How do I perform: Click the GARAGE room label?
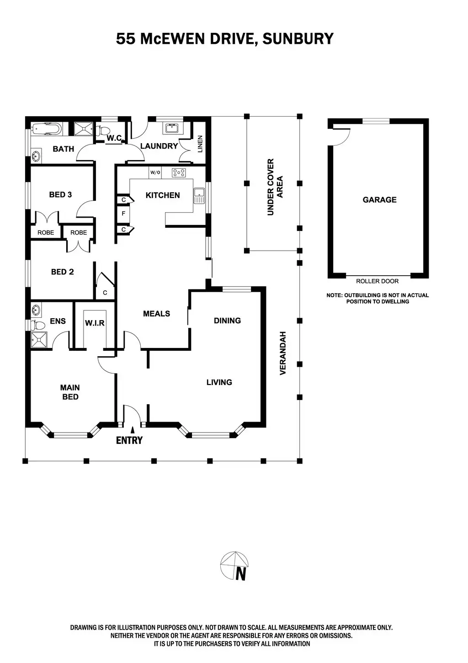[x=379, y=200]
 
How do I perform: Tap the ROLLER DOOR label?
[x=377, y=281]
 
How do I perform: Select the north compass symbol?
[x=235, y=566]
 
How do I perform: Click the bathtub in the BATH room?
[x=46, y=129]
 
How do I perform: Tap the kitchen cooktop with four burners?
[x=179, y=173]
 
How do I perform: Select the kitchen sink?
[x=199, y=195]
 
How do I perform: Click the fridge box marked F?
[x=123, y=214]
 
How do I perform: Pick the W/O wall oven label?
[x=155, y=172]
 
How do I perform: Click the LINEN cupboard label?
[x=200, y=144]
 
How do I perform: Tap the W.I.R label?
[x=95, y=323]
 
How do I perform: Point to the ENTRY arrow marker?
[x=133, y=430]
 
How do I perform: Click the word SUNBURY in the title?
[x=298, y=39]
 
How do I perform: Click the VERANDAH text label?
[x=282, y=353]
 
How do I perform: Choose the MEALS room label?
[x=156, y=314]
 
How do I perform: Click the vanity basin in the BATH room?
[x=37, y=155]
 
